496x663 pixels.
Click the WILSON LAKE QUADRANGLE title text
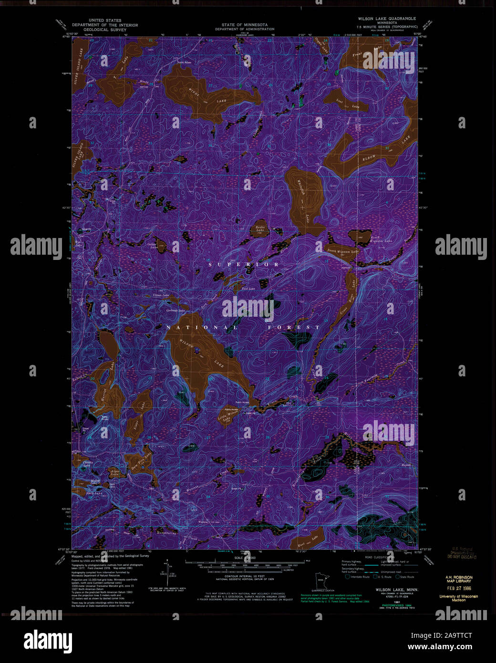tap(387, 19)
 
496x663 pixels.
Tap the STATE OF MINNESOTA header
tap(244, 25)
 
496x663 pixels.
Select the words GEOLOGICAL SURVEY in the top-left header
tap(104, 30)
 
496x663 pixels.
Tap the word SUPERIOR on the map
tap(243, 264)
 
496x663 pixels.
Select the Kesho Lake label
tap(260, 229)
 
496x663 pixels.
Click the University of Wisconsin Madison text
tap(459, 598)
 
